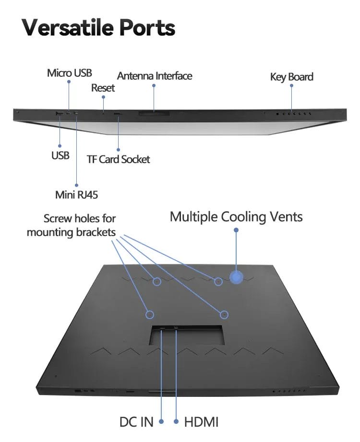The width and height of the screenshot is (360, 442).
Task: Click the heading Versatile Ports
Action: (98, 28)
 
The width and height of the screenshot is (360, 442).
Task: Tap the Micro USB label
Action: (69, 73)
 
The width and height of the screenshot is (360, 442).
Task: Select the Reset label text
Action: (103, 88)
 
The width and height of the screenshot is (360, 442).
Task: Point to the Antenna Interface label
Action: (155, 76)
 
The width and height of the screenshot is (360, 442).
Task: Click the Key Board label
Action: (291, 77)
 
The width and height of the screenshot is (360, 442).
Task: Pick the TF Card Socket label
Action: (118, 159)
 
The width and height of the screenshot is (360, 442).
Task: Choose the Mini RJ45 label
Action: (76, 195)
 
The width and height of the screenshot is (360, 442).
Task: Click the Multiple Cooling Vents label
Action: (236, 216)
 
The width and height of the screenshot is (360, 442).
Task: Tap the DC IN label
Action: (136, 422)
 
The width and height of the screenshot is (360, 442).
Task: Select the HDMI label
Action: (202, 422)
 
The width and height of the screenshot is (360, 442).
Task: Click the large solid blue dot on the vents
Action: (236, 277)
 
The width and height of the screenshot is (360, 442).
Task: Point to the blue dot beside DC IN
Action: (161, 422)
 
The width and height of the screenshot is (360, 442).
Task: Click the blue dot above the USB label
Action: (60, 145)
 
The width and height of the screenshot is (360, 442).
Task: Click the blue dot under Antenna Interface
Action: (154, 86)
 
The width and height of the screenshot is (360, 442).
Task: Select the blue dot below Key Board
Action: (291, 87)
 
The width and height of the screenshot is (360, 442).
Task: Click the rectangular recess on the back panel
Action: (187, 335)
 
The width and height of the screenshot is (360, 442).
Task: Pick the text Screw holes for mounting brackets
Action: (72, 226)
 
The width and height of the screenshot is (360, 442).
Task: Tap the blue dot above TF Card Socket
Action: (118, 150)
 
